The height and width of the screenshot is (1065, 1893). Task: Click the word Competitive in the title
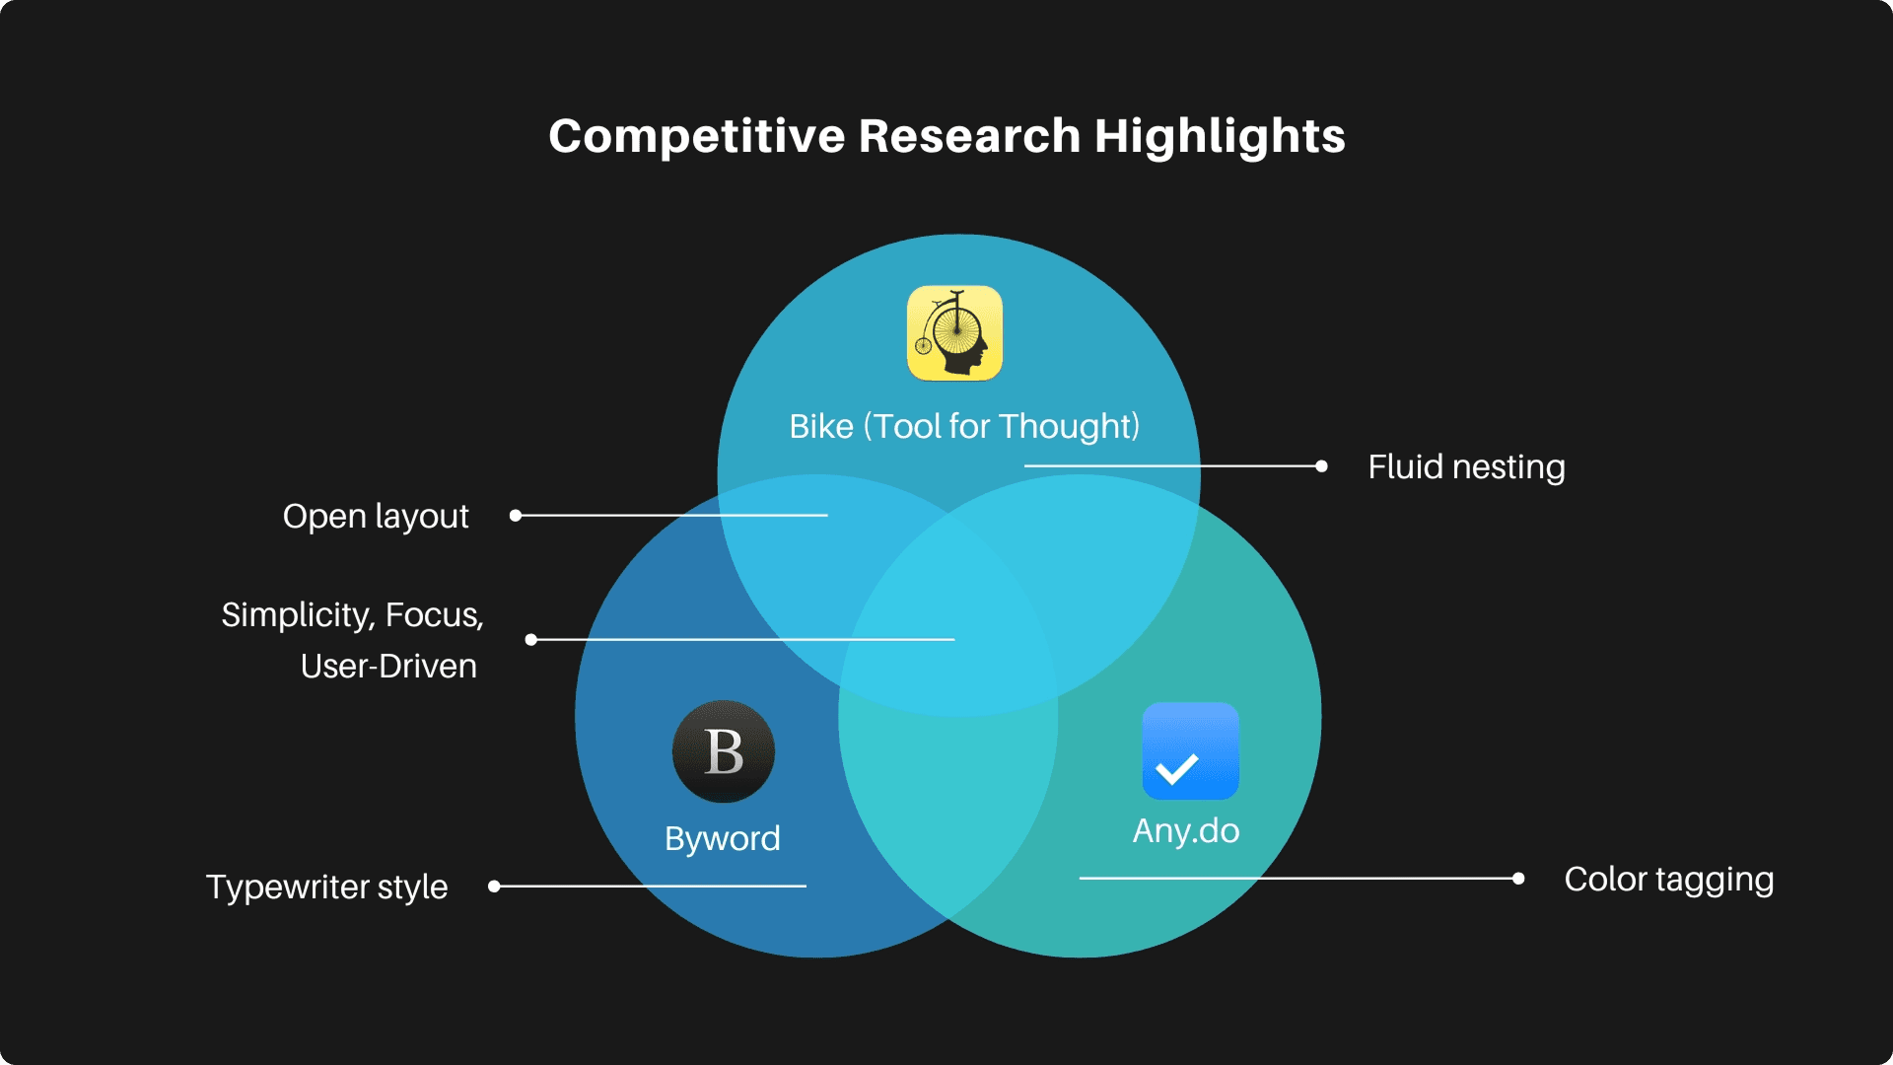point(696,136)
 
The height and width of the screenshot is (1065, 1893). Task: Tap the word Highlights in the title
point(1220,136)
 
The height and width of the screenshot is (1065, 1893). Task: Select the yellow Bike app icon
point(954,333)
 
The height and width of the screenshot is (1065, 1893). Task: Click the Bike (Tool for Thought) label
point(964,426)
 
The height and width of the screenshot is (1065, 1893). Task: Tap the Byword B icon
point(724,751)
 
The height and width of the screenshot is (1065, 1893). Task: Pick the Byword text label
point(723,838)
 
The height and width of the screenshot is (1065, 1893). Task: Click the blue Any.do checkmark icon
point(1190,751)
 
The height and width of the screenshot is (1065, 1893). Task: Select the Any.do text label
point(1186,830)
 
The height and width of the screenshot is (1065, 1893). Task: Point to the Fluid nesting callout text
point(1466,466)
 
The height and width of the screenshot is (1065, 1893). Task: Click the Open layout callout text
point(376,516)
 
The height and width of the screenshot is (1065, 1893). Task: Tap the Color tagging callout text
point(1668,879)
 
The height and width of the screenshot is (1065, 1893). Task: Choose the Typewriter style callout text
point(326,887)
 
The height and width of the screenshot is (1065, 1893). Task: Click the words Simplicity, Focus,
point(352,614)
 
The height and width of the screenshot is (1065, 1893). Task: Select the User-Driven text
point(388,666)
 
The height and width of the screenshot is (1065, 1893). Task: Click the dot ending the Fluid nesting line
point(1321,466)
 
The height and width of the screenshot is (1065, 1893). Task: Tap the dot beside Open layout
point(515,516)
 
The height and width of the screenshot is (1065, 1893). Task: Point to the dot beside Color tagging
point(1518,878)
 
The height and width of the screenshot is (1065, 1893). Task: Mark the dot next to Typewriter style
point(494,887)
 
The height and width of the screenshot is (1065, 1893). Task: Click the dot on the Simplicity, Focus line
point(531,640)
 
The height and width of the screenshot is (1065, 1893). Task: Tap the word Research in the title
point(969,136)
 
